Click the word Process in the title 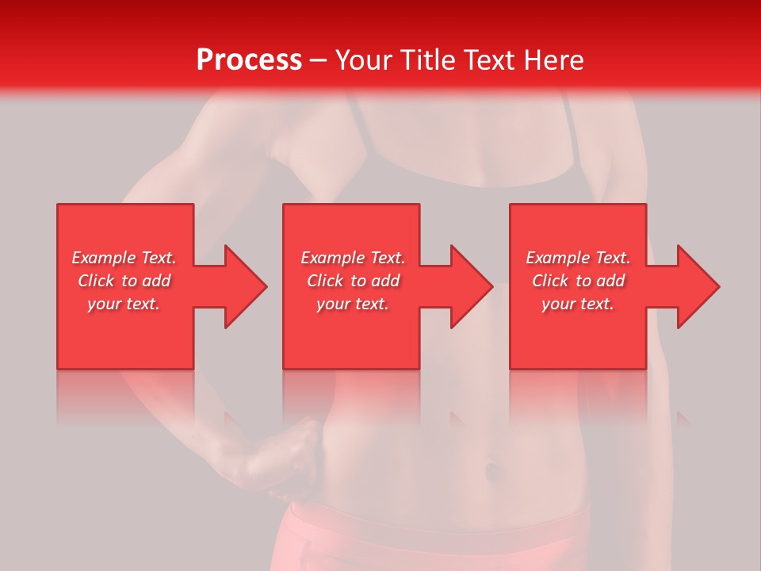pyautogui.click(x=249, y=60)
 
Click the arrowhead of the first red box pyautogui.click(x=246, y=286)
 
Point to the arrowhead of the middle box pyautogui.click(x=472, y=286)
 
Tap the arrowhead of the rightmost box pyautogui.click(x=698, y=286)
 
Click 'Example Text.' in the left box pyautogui.click(x=124, y=258)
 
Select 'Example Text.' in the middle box pyautogui.click(x=353, y=258)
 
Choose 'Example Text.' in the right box pyautogui.click(x=578, y=258)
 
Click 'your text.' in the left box pyautogui.click(x=124, y=304)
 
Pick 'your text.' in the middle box pyautogui.click(x=353, y=304)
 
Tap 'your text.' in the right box pyautogui.click(x=578, y=304)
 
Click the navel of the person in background pyautogui.click(x=492, y=469)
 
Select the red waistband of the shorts pyautogui.click(x=436, y=519)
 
